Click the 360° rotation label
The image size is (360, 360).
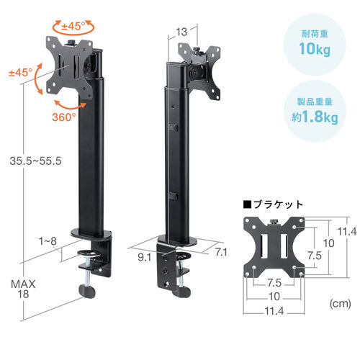pos(66,116)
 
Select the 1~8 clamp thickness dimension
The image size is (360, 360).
pos(47,243)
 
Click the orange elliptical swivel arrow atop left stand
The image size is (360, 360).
pos(75,27)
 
